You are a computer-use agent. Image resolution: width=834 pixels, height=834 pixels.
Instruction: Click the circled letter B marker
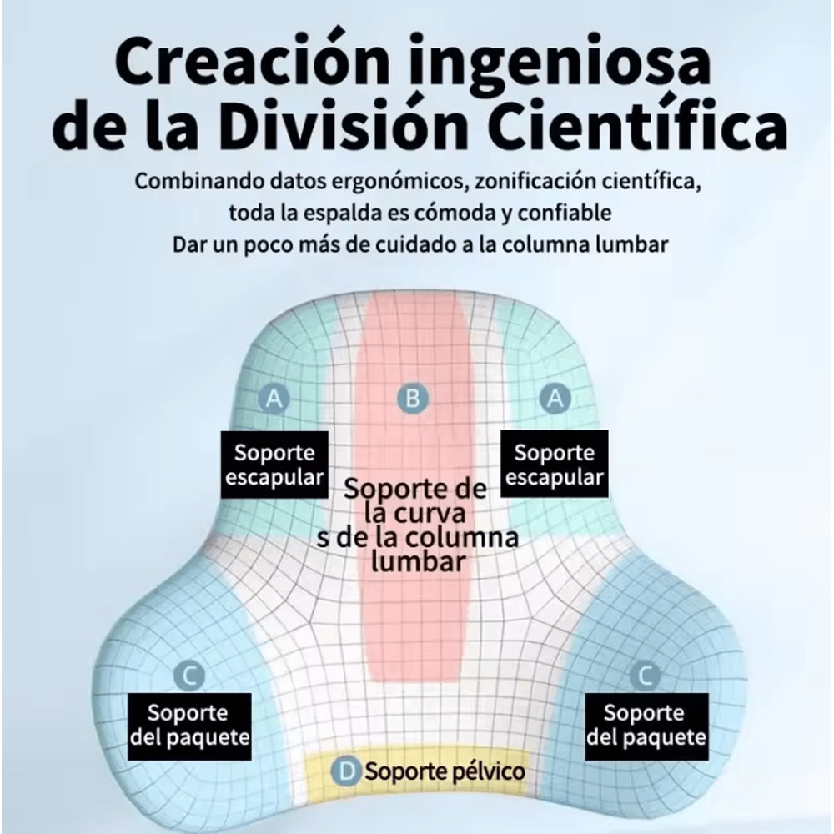(x=411, y=399)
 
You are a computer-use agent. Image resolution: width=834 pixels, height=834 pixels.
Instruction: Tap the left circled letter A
(x=273, y=399)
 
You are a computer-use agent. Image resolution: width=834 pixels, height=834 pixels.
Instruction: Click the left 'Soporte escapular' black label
(x=274, y=465)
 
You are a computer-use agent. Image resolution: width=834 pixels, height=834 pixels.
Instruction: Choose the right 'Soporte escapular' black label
(x=554, y=465)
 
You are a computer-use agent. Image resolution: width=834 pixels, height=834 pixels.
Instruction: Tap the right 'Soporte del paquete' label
(x=646, y=725)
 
